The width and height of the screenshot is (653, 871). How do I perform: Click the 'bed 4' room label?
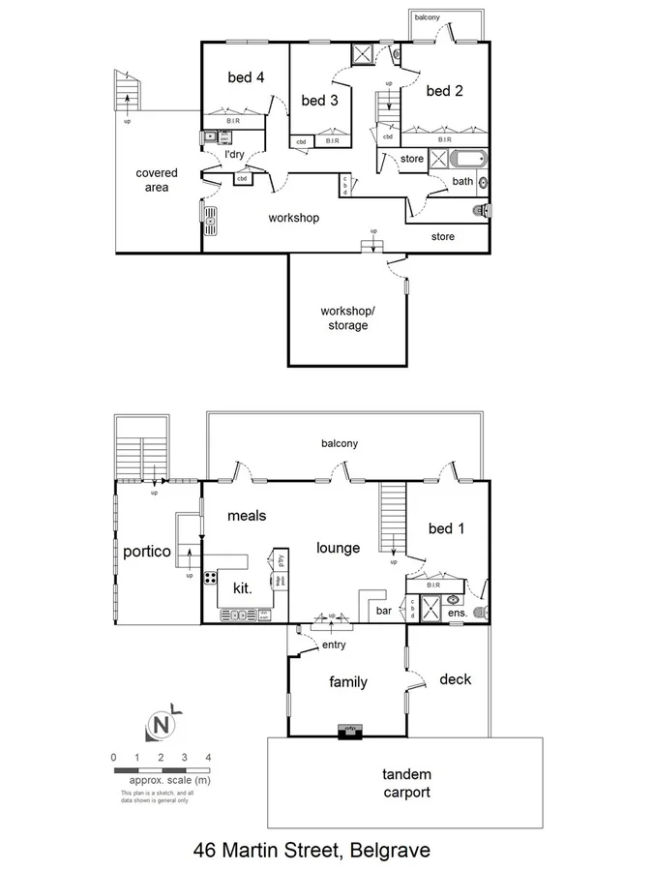(x=245, y=77)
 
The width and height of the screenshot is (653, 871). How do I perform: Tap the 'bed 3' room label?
(x=318, y=100)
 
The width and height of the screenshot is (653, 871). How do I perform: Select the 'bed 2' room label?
(x=444, y=91)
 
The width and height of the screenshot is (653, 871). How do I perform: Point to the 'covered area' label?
(x=157, y=180)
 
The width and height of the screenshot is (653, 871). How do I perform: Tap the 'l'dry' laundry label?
(x=234, y=155)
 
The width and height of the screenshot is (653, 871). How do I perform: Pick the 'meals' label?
(x=249, y=516)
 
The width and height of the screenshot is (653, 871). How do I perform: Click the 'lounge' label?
(x=339, y=548)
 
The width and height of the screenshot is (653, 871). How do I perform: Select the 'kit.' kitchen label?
(x=242, y=586)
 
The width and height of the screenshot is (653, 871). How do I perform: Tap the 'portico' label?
(x=147, y=552)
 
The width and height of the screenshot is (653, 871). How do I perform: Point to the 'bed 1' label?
(x=446, y=528)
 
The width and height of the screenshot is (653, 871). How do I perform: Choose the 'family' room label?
(x=348, y=682)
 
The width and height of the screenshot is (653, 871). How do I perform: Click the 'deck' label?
(x=456, y=679)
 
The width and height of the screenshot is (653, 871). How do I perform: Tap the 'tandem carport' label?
(x=406, y=783)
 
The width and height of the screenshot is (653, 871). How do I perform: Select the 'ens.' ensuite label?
(x=457, y=613)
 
